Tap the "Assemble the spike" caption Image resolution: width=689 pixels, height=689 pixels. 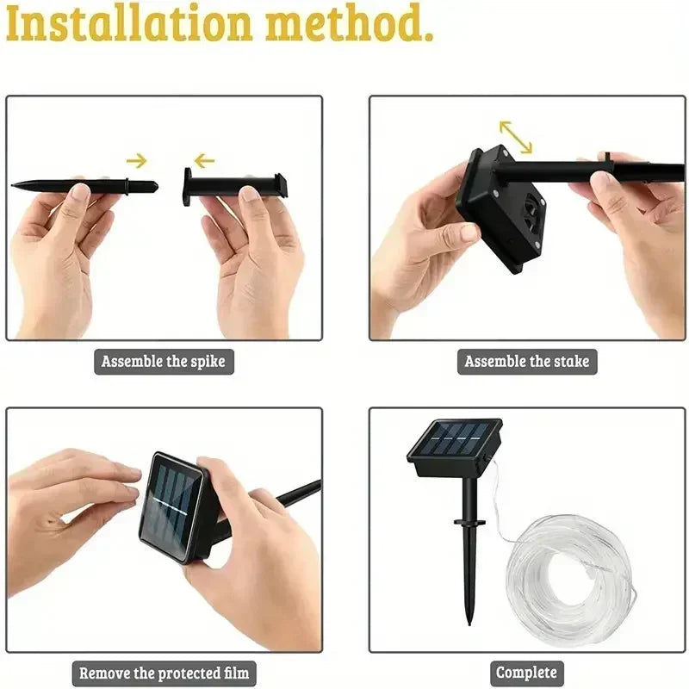point(164,361)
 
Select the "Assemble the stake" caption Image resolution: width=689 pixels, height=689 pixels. point(527,361)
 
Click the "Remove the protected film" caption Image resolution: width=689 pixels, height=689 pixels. point(164,673)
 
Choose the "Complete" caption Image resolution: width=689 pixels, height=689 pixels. point(527,673)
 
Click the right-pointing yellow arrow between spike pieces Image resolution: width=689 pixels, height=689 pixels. point(137,159)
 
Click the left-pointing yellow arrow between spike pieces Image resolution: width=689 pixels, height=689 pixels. point(203,159)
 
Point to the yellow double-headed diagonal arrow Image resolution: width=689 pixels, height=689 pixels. point(516,136)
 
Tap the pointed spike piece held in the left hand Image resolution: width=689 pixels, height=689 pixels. point(86,184)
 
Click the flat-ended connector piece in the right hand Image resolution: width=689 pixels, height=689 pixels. point(233,183)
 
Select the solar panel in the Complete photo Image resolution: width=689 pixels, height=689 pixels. point(455,444)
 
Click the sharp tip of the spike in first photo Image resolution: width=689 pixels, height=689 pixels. point(15,183)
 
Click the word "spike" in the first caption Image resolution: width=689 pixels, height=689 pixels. point(207,361)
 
